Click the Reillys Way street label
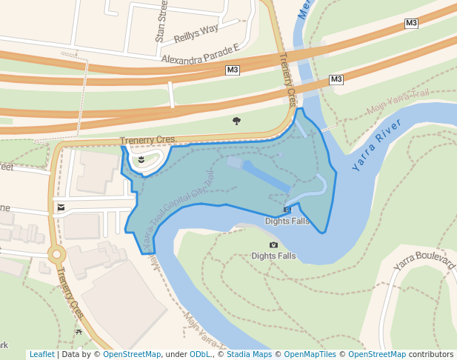click(x=196, y=33)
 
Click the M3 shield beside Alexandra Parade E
click(x=233, y=70)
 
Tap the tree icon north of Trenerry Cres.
click(x=236, y=120)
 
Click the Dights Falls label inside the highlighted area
click(x=287, y=221)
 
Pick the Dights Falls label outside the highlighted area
click(x=273, y=256)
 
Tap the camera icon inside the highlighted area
click(x=287, y=210)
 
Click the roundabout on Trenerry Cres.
click(x=56, y=255)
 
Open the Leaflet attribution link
click(x=41, y=354)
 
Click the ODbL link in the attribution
click(x=199, y=354)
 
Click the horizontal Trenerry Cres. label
click(x=148, y=139)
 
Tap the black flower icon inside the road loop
click(x=140, y=159)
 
